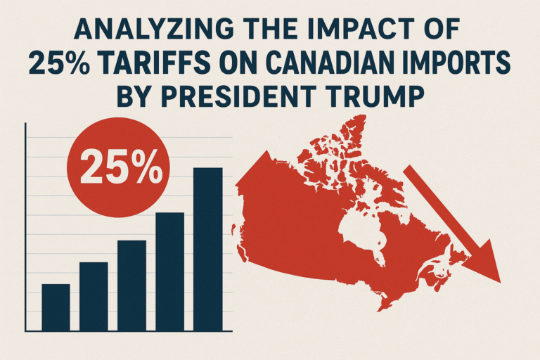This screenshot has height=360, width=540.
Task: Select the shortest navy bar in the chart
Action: point(56,307)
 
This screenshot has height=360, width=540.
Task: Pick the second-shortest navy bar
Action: point(94,296)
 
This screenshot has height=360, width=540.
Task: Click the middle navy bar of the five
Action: point(131,285)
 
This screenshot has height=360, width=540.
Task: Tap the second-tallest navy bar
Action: point(169,271)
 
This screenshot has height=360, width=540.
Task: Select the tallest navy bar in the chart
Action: point(207,249)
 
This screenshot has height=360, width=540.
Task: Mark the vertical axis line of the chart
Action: point(25,225)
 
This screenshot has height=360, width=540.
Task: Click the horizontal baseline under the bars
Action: point(127,331)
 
